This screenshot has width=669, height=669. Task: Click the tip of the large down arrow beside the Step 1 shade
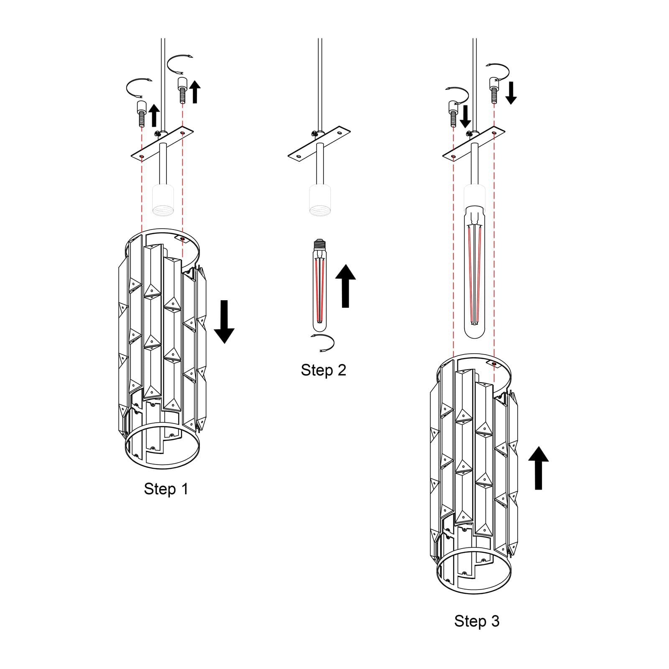pyautogui.click(x=224, y=343)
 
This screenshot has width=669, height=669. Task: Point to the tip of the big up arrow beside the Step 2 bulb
pyautogui.click(x=345, y=264)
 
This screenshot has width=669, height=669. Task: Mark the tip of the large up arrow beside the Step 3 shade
pyautogui.click(x=539, y=446)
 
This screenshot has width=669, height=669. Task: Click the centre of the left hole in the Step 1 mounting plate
pyautogui.click(x=142, y=156)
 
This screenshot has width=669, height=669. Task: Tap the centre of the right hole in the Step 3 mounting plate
pyautogui.click(x=494, y=133)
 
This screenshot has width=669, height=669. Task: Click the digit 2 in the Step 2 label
pyautogui.click(x=342, y=370)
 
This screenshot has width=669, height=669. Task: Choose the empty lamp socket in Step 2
pyautogui.click(x=320, y=200)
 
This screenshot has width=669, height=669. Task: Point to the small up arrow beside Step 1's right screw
pyautogui.click(x=195, y=92)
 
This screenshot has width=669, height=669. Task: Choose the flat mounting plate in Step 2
pyautogui.click(x=319, y=145)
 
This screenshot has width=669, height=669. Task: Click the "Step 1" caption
pyautogui.click(x=166, y=489)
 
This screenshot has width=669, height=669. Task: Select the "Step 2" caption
pyautogui.click(x=324, y=370)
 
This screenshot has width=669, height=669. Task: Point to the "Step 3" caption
pyautogui.click(x=477, y=621)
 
